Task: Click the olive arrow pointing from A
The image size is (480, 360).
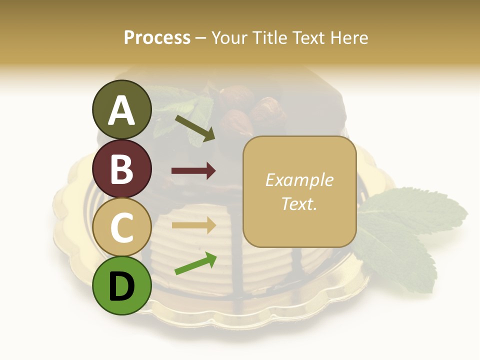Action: click(195, 128)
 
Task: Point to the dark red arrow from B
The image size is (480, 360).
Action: click(193, 171)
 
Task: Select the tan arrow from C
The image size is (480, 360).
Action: click(193, 225)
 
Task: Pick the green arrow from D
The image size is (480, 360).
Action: click(195, 263)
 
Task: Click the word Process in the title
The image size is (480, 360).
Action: click(157, 37)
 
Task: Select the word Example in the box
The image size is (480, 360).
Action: click(299, 180)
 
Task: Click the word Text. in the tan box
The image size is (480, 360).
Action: click(299, 203)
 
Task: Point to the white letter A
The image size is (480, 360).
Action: click(121, 111)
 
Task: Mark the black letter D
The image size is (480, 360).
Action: click(121, 287)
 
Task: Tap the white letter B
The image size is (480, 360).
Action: click(121, 169)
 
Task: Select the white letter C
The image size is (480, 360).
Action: click(121, 227)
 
